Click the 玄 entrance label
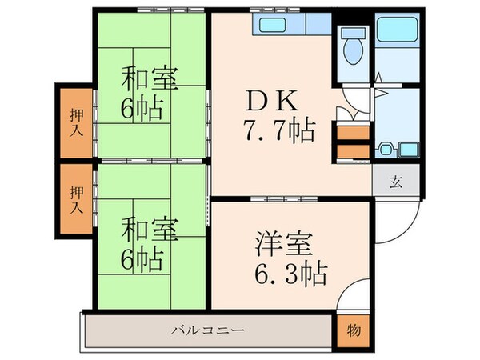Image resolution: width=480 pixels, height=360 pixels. pos(394,180)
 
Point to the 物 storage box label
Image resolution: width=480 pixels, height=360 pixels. pos(353,330)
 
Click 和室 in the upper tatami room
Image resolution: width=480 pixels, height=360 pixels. pos(149,80)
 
